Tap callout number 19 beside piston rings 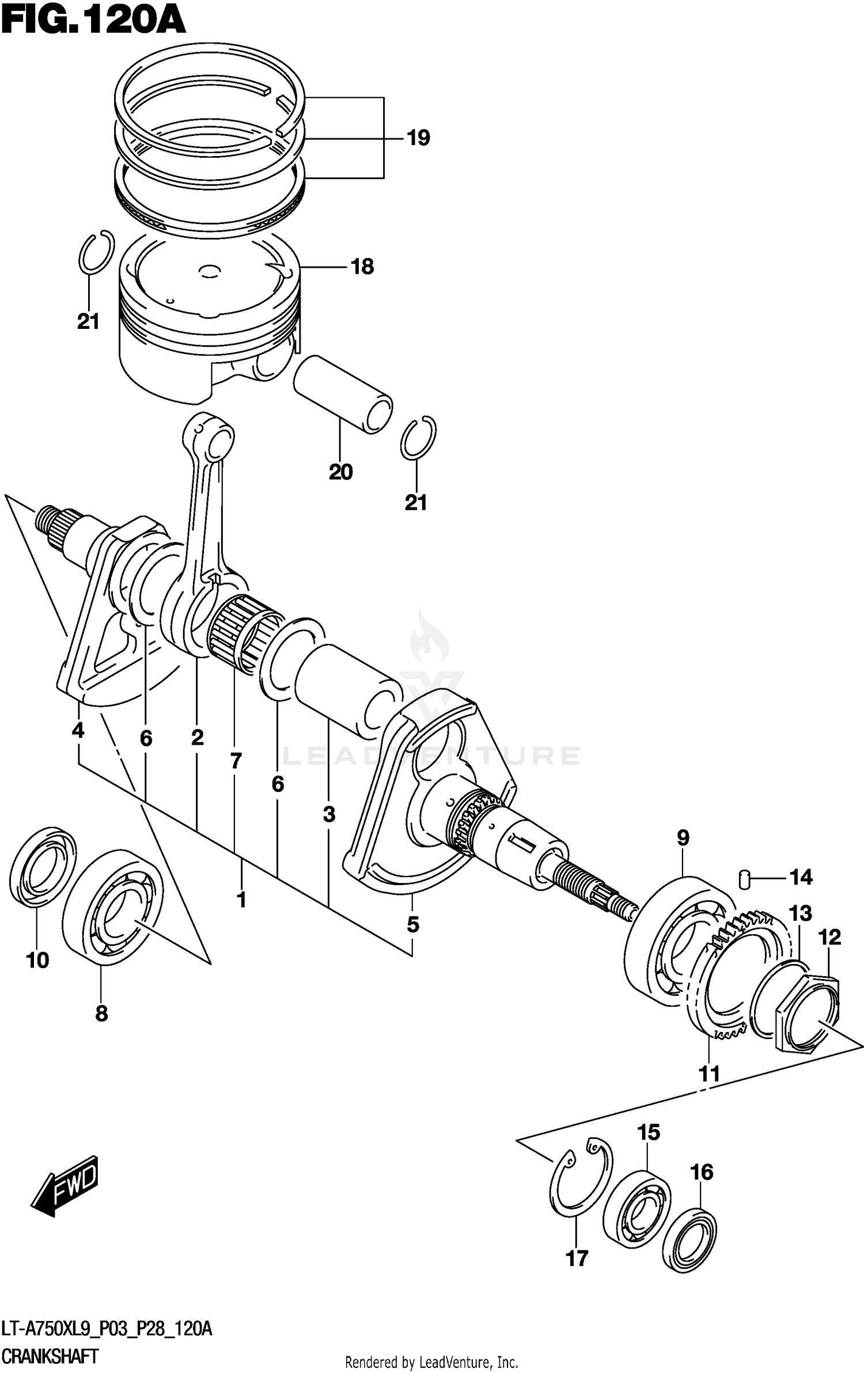418,138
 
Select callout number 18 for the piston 362,267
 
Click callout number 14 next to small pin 801,877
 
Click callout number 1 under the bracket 241,900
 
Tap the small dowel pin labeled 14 745,879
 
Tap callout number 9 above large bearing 683,837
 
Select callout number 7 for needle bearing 235,761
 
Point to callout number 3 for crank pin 328,814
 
